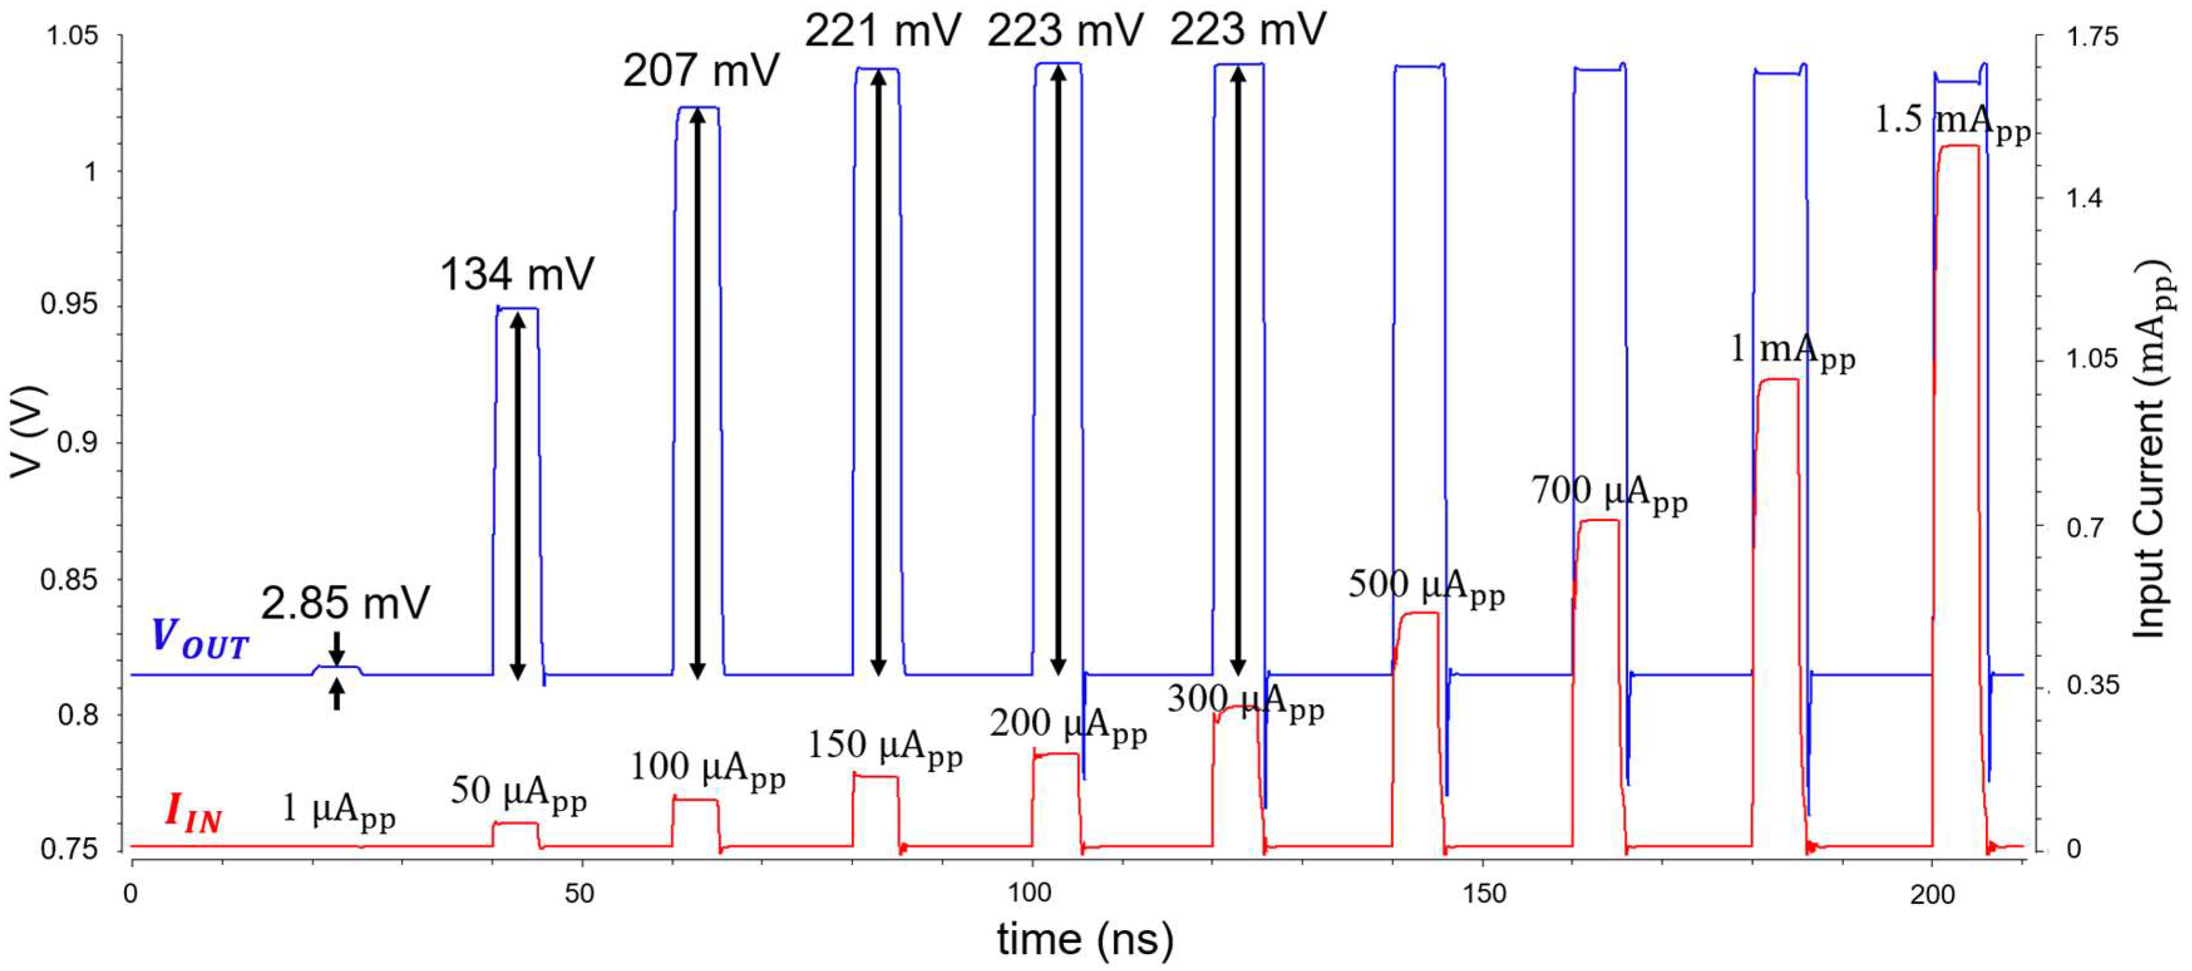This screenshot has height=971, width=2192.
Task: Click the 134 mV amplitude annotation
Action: click(x=517, y=274)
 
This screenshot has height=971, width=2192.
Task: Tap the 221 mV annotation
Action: click(x=882, y=31)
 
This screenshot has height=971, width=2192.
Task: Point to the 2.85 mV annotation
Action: click(x=345, y=603)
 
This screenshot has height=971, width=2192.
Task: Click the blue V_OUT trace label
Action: click(x=199, y=639)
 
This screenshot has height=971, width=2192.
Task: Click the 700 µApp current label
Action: click(x=1608, y=493)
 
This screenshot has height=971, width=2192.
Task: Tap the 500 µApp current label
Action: click(x=1426, y=586)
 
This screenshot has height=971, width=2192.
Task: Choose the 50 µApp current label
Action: click(x=518, y=792)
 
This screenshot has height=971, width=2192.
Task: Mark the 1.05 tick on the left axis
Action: click(x=71, y=36)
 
